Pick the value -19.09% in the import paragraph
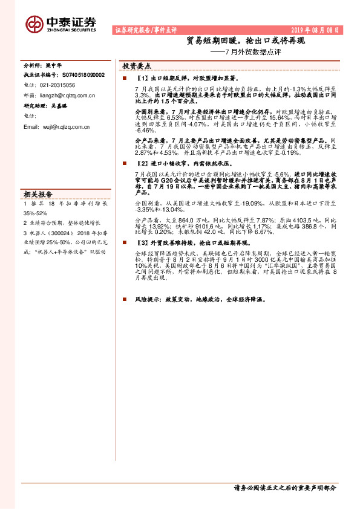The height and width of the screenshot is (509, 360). [x=244, y=204]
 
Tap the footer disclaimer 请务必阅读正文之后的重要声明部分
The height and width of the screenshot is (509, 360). [x=283, y=487]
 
